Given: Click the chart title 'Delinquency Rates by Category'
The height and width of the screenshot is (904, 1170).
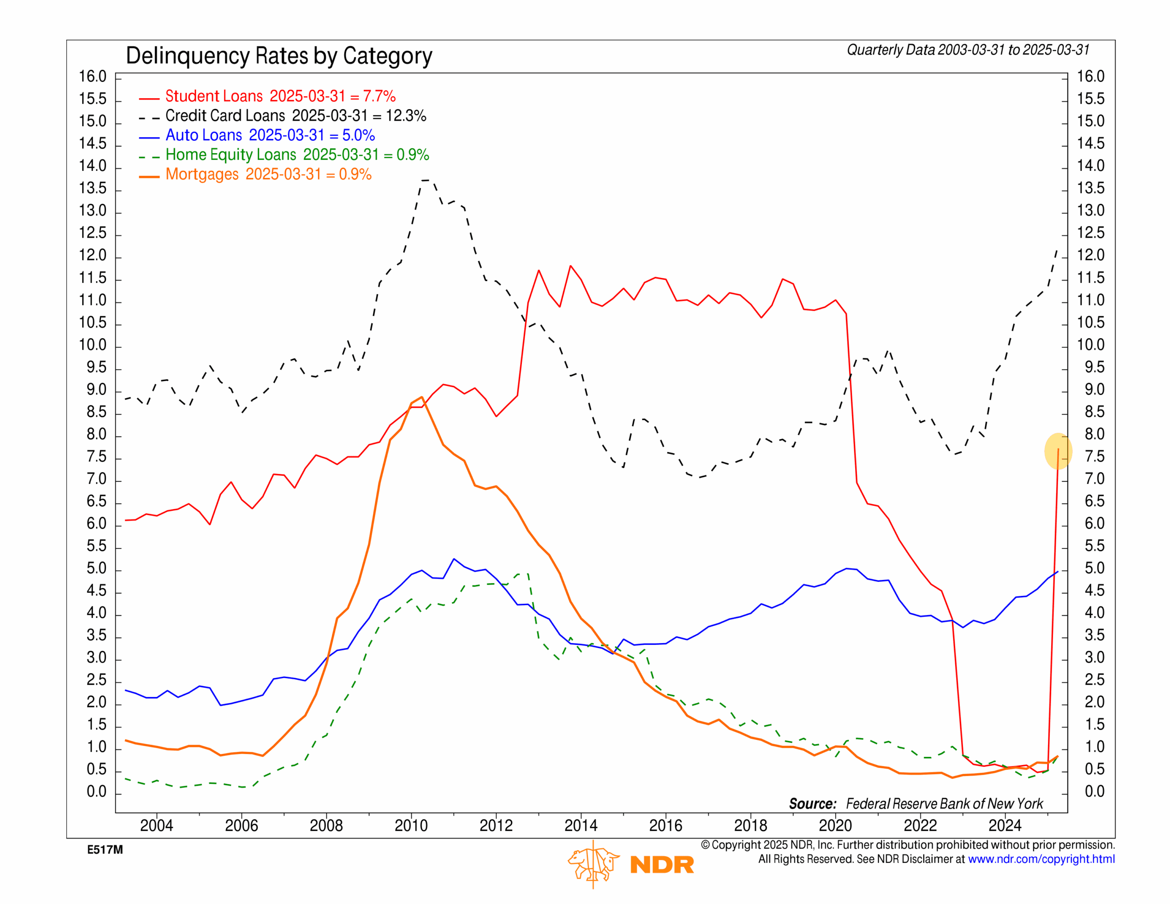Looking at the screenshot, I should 279,56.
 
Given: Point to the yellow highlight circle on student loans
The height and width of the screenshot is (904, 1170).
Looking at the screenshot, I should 1058,451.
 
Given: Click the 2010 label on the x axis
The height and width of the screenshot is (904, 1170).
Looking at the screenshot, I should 411,825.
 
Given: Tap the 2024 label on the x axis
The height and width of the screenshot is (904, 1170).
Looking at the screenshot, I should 1005,825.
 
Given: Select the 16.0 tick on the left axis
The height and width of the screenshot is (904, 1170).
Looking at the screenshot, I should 93,77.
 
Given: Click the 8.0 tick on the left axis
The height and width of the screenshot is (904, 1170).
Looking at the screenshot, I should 96,435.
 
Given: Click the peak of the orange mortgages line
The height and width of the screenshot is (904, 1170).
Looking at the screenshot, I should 421,397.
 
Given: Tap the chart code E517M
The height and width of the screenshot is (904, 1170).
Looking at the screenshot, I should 105,850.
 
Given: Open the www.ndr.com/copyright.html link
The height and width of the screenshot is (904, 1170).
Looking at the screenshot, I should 1041,859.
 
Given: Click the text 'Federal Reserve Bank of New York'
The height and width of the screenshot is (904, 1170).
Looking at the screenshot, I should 944,804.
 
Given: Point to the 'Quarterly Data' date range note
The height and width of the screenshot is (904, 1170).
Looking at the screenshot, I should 968,50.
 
